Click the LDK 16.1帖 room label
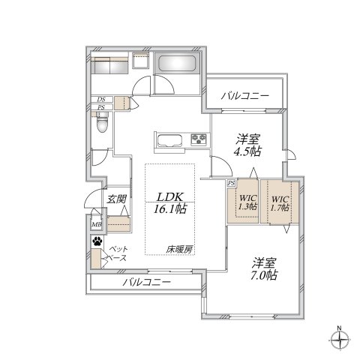pos(171,204)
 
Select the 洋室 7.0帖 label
pos(265,269)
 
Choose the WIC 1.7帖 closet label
pos(280,202)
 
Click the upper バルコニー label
pos(244,95)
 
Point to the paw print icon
pos(97,241)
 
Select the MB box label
pos(97,223)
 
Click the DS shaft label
pos(100,99)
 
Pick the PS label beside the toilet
pos(100,108)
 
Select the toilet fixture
pos(103,124)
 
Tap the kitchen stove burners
pos(199,139)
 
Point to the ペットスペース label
pos(118,253)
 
